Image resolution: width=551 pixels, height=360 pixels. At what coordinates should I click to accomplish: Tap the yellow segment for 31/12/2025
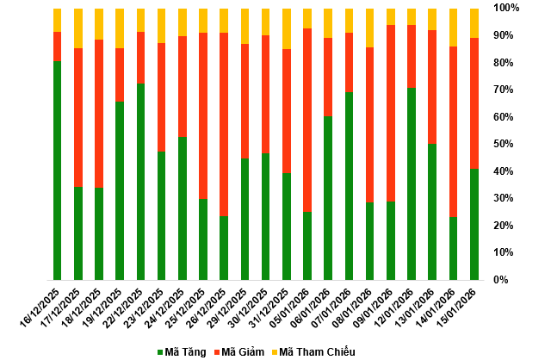pos(287,28)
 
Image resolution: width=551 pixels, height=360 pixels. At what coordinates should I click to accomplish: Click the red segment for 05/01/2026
pos(307,120)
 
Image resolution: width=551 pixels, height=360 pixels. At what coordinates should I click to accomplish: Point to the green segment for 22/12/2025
pos(140,182)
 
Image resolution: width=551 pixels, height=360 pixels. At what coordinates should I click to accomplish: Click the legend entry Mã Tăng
pos(182,351)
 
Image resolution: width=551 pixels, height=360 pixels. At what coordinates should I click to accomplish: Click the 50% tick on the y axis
pos(506,144)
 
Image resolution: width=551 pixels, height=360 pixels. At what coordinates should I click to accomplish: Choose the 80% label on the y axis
pos(506,62)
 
